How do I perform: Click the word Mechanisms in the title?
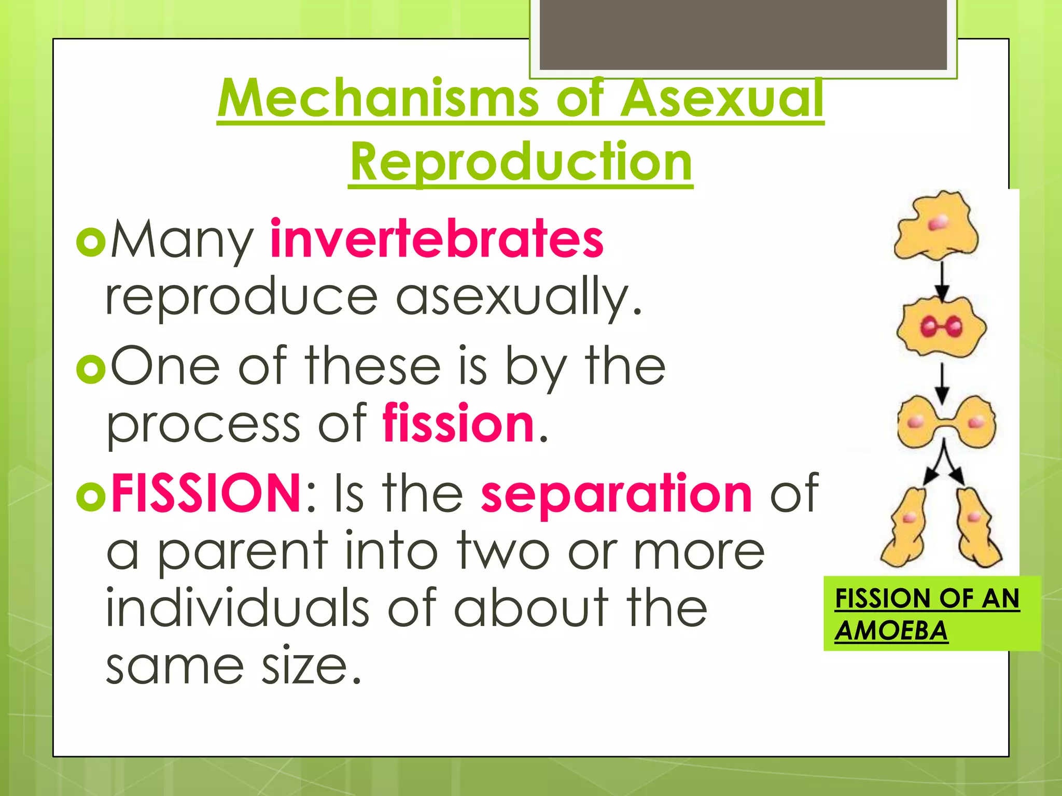[x=378, y=98]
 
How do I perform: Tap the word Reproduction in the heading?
[x=521, y=162]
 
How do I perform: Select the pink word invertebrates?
[x=437, y=239]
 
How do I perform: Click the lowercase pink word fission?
[x=458, y=424]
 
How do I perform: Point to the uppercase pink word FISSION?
[x=206, y=493]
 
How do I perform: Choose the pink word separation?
[x=616, y=494]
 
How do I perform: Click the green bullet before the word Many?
[x=91, y=242]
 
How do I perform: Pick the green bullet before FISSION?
[x=91, y=496]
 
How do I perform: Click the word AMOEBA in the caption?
[x=891, y=631]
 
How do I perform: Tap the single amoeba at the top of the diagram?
[x=937, y=226]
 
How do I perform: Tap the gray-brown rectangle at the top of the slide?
[x=743, y=34]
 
